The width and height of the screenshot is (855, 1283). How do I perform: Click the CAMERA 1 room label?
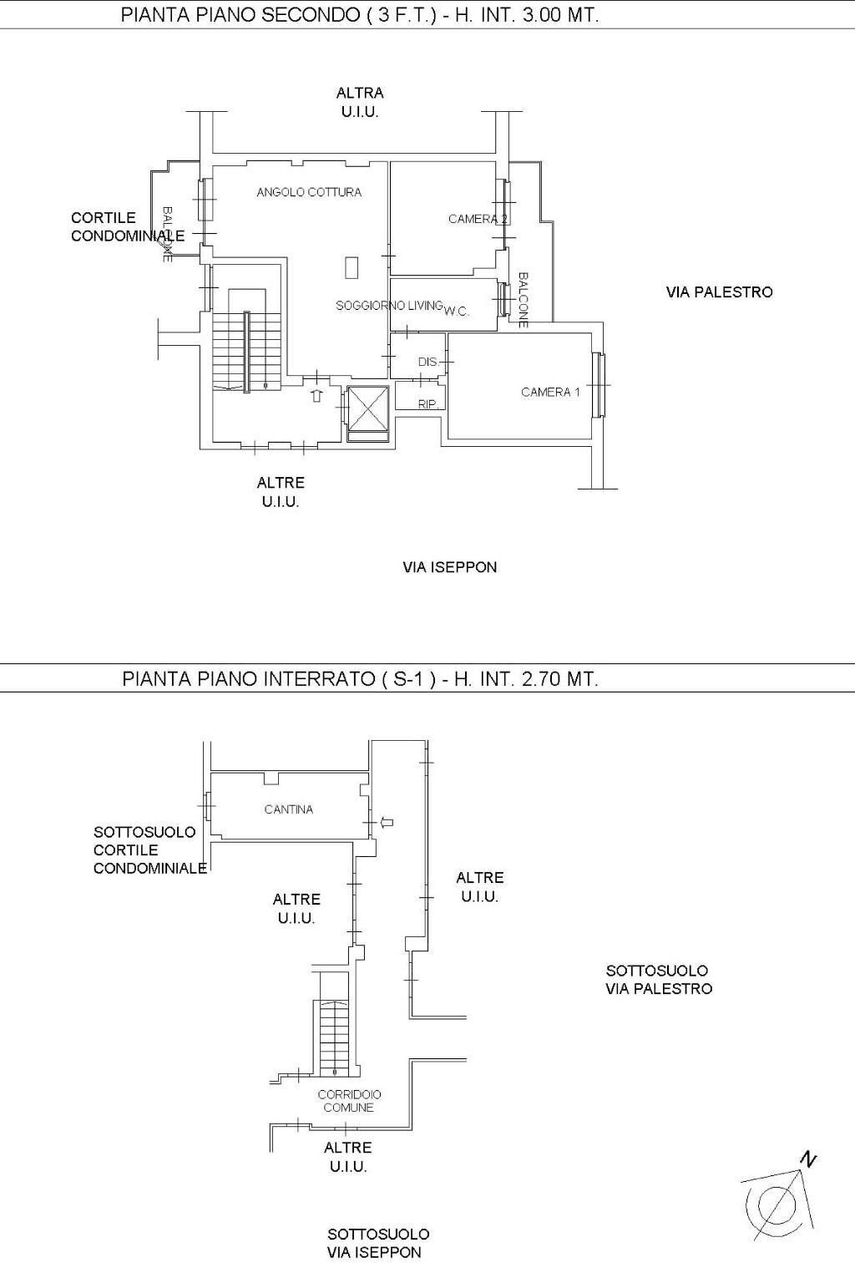tap(550, 392)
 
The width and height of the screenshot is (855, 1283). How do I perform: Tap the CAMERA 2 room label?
tap(478, 219)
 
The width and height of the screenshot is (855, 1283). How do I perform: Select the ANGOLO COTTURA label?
tap(309, 192)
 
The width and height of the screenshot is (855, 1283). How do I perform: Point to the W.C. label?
tap(457, 312)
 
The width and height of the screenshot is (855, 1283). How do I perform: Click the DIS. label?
tap(427, 363)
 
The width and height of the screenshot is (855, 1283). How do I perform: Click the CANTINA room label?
tap(289, 809)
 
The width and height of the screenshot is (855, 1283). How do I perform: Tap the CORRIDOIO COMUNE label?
tap(349, 1101)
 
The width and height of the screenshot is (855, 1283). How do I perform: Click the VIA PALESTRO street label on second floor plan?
tap(719, 292)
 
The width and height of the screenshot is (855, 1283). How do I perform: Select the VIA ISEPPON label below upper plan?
tap(449, 567)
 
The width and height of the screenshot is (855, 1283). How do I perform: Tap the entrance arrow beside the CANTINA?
tap(386, 823)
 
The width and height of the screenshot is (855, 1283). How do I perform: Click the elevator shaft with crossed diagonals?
tap(367, 407)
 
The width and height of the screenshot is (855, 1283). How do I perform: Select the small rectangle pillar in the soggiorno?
tap(352, 267)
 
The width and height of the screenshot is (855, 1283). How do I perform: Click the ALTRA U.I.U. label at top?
tap(360, 102)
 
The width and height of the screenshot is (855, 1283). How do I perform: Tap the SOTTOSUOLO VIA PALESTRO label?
tap(658, 980)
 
